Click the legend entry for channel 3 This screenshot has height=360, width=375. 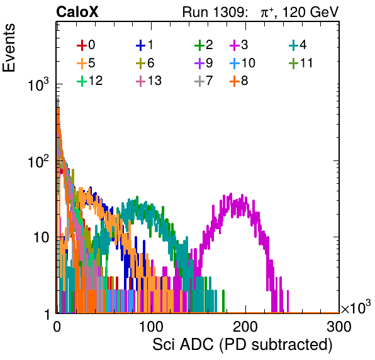point(239,45)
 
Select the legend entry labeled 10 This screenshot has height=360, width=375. point(242,63)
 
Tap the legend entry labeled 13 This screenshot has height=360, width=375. point(148,81)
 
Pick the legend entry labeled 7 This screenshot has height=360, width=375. point(204,81)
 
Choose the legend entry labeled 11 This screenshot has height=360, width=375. point(301,63)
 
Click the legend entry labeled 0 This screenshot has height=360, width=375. point(86,45)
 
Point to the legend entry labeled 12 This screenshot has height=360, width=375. point(90,81)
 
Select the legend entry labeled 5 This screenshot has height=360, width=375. point(86,63)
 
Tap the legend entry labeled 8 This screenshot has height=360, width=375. point(239,81)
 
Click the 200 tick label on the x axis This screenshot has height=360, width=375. point(245,327)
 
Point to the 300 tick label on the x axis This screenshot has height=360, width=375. point(339,327)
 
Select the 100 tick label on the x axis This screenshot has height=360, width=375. point(151,327)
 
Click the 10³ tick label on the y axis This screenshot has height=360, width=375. point(38,85)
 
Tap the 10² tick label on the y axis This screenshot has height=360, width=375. point(38,162)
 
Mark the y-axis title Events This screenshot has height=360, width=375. point(9,48)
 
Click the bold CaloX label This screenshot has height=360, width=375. point(77,12)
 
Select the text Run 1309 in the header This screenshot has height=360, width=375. point(213,12)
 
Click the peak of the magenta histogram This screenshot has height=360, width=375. point(231,193)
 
